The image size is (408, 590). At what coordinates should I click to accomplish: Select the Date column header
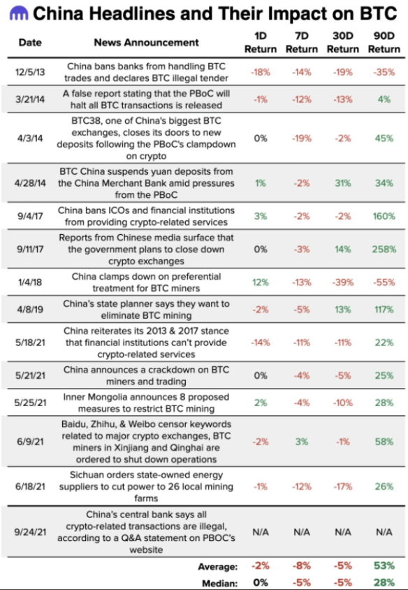(x=30, y=43)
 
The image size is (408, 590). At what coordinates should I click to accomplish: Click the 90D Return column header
(x=384, y=43)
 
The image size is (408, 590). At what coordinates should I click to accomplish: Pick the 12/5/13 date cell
(x=30, y=71)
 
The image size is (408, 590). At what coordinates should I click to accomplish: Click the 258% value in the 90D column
(x=384, y=249)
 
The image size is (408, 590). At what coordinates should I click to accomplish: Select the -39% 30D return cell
(x=343, y=282)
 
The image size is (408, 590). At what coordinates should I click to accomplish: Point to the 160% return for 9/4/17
(x=384, y=216)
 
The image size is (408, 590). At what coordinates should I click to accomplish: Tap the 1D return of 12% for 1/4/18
(x=261, y=282)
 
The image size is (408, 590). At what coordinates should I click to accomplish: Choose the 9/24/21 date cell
(x=30, y=532)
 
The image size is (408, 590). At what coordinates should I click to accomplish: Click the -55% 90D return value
(x=384, y=282)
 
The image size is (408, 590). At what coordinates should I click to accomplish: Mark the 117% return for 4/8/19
(x=384, y=310)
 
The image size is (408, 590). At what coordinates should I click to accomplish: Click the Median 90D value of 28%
(x=384, y=582)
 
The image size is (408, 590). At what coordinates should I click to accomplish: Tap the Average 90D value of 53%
(x=384, y=566)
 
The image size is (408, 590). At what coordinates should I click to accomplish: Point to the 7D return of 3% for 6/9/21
(x=302, y=442)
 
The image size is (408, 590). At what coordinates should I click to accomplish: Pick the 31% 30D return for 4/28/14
(x=343, y=183)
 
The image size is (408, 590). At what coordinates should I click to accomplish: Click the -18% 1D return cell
(x=261, y=71)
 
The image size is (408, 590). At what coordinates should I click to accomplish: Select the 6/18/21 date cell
(x=30, y=487)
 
